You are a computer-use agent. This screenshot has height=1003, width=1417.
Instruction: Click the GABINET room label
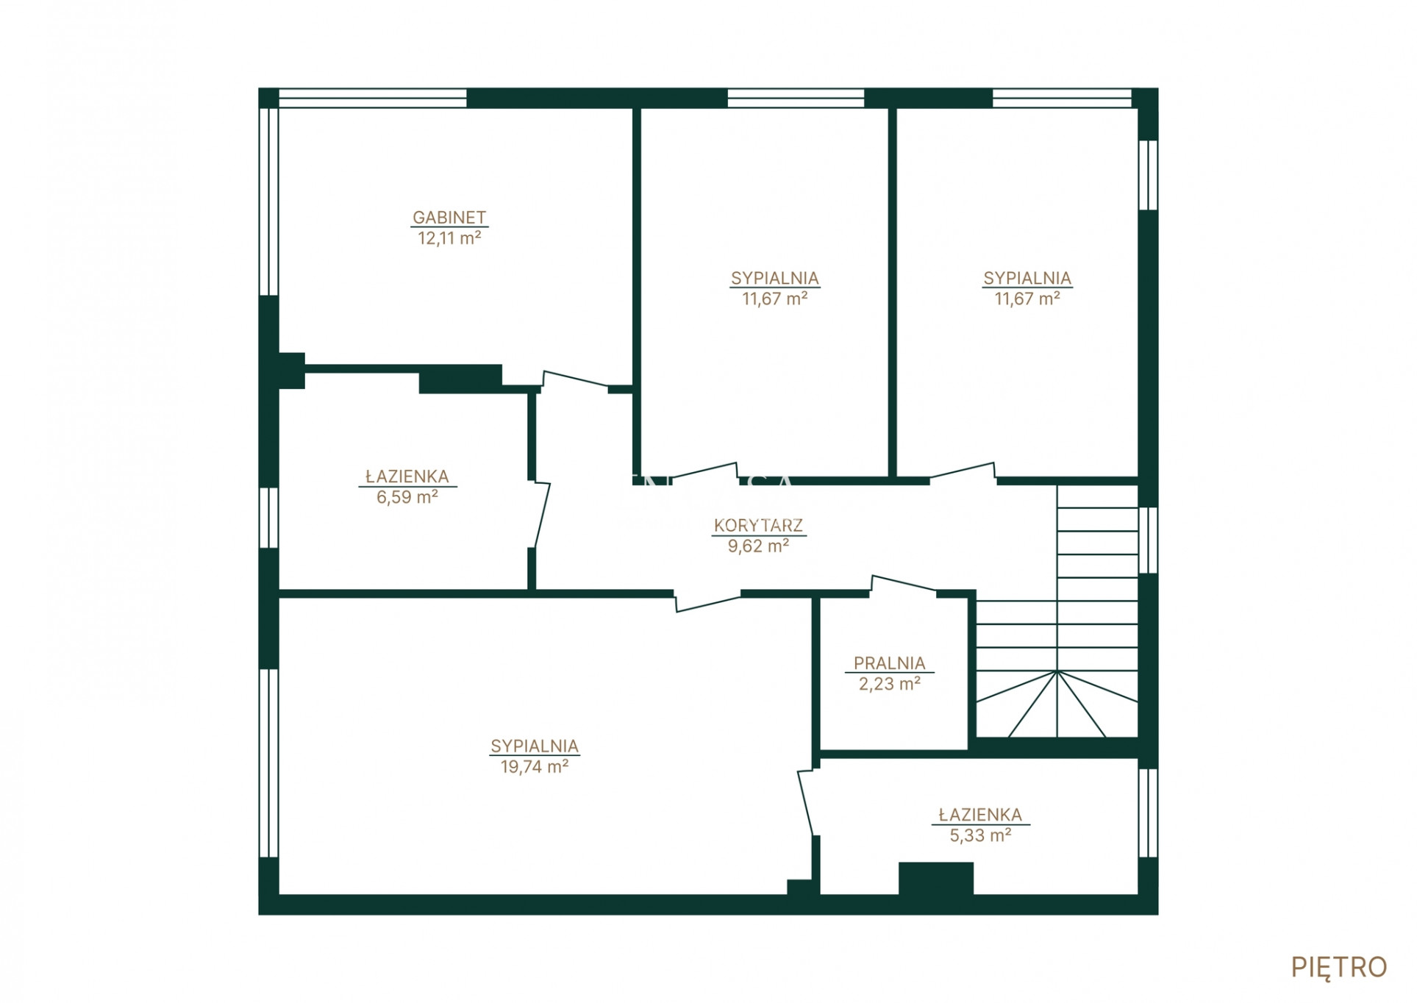(x=449, y=218)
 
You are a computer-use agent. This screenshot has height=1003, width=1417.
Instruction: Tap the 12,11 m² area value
(x=449, y=238)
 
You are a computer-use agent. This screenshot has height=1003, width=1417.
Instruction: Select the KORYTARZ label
(x=758, y=526)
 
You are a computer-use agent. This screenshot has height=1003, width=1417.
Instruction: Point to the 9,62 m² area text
(x=758, y=546)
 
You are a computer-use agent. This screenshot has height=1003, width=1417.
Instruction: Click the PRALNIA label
(x=889, y=663)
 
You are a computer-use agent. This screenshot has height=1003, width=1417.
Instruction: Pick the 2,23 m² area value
(x=889, y=684)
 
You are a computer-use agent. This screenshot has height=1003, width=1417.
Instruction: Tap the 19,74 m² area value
(x=535, y=767)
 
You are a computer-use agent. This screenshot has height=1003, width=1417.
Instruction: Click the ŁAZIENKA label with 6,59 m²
(x=407, y=476)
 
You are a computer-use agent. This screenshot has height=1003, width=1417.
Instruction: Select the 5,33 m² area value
(x=980, y=835)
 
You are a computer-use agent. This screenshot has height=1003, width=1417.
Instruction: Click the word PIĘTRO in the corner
(x=1338, y=968)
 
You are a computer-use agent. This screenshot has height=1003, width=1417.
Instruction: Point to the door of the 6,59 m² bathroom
(x=542, y=515)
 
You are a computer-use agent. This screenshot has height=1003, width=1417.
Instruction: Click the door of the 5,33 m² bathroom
(x=806, y=802)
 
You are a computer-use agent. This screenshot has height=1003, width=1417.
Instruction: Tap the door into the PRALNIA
(x=904, y=583)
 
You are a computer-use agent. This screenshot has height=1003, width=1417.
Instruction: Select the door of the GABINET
(x=575, y=379)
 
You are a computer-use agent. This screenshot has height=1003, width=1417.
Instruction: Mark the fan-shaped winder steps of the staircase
(x=1057, y=704)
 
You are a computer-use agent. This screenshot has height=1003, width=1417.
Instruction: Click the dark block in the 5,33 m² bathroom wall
(x=935, y=878)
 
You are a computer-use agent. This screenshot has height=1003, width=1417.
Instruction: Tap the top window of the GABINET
(x=372, y=99)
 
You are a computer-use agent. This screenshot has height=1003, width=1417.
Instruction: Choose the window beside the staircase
(x=1148, y=540)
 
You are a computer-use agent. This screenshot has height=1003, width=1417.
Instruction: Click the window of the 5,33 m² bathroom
(x=1148, y=813)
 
